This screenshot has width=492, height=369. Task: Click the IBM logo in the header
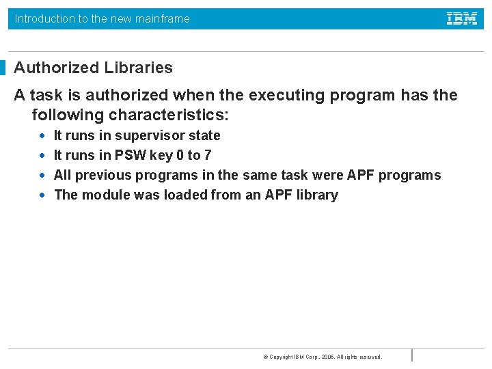(x=462, y=18)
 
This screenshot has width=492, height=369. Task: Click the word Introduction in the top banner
(x=45, y=18)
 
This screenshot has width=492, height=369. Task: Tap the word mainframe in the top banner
(x=163, y=18)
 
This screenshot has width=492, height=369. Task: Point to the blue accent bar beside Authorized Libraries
(x=3, y=68)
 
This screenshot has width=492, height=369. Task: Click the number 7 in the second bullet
(x=207, y=155)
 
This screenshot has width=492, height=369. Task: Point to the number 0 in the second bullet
(x=180, y=155)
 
